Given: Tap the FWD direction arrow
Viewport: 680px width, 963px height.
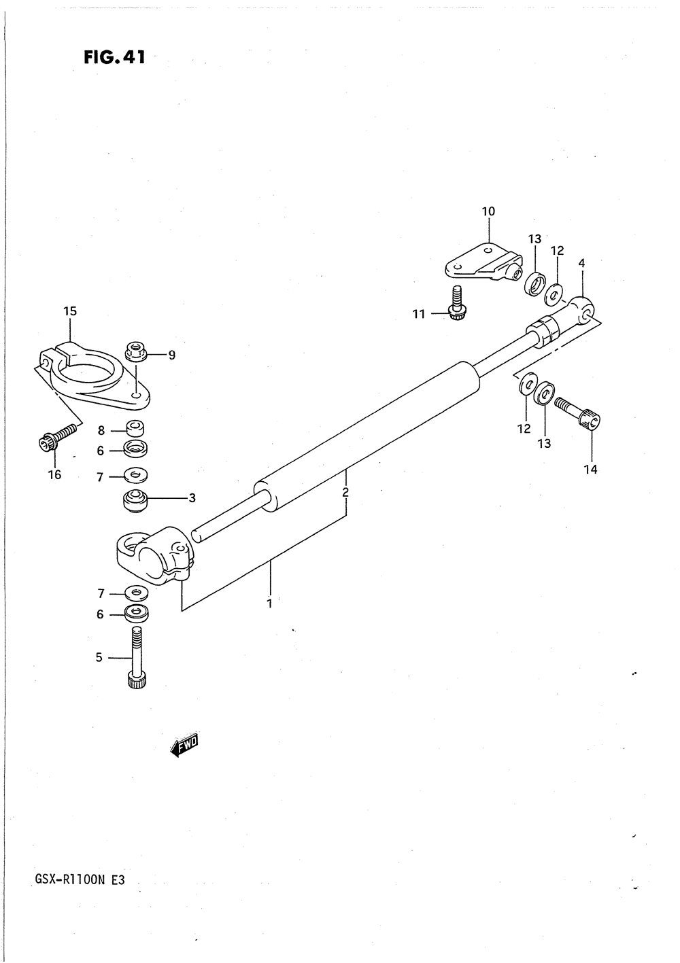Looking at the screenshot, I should (x=184, y=746).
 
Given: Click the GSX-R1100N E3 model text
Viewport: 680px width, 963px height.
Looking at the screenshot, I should (x=79, y=881).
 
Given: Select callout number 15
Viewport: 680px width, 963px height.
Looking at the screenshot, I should (x=70, y=311).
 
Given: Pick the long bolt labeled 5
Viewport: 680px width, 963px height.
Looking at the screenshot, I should (x=136, y=656).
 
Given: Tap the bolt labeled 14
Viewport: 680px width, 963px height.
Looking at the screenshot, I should (x=578, y=413).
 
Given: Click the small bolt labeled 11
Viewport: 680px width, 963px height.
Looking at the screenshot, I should (x=456, y=302).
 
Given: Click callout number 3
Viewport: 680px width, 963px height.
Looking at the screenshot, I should (x=192, y=498).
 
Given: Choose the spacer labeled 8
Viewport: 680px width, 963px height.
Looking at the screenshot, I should (x=137, y=430).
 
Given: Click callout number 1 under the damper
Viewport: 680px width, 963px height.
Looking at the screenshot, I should (x=270, y=603).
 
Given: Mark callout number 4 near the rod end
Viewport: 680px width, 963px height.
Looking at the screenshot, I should (x=581, y=263).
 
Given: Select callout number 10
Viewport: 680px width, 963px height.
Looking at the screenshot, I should (x=488, y=211).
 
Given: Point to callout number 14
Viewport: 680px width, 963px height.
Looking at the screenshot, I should (x=591, y=469).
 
